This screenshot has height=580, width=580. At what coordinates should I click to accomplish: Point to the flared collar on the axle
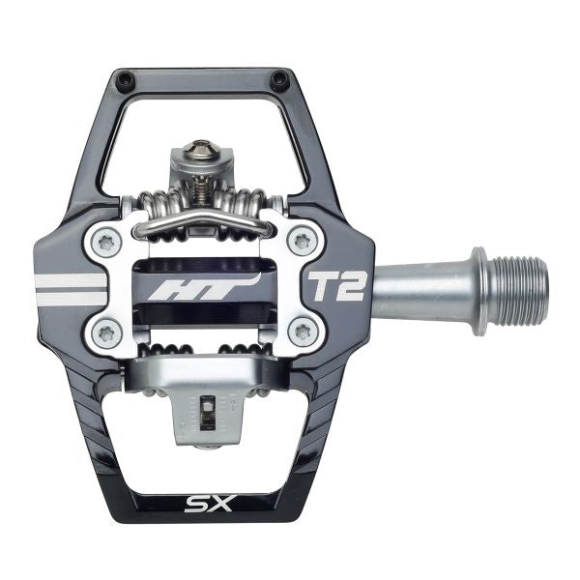click(478, 287)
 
